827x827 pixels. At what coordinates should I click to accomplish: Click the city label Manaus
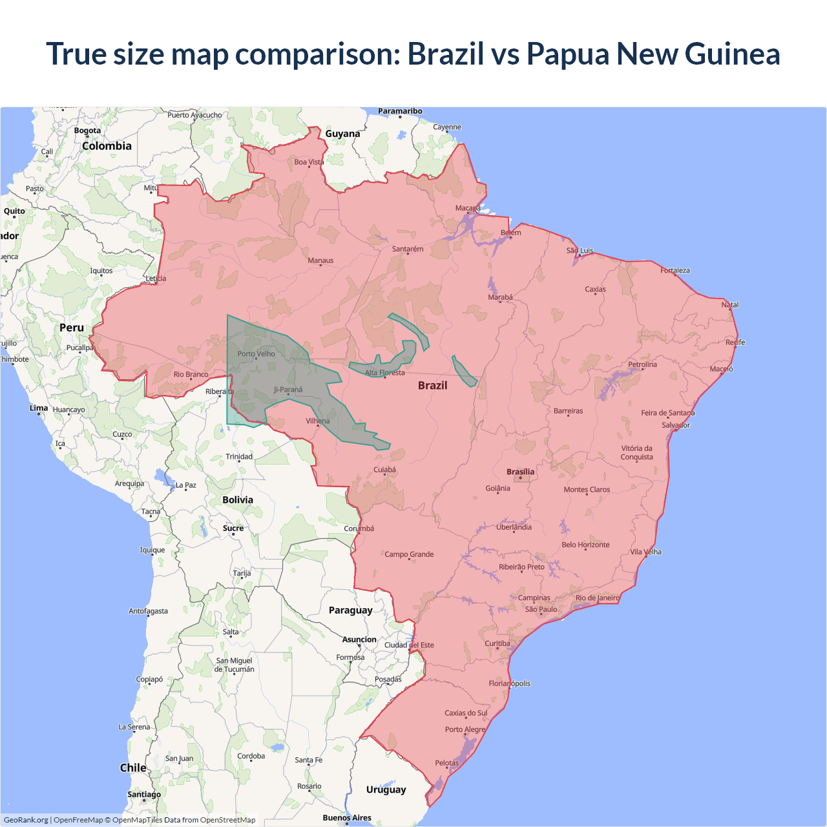pos(320,260)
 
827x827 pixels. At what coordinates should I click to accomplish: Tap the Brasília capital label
pos(520,472)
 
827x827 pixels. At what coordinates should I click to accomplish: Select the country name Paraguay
pos(350,610)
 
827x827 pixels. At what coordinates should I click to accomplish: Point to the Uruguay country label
pos(386,790)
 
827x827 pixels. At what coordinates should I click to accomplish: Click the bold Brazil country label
pos(432,385)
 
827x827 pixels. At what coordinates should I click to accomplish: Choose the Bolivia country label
pos(238,499)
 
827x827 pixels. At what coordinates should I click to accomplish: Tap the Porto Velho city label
pos(256,353)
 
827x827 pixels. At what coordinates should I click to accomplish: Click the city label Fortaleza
pos(675,270)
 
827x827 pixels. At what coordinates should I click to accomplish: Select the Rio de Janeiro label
pos(597,598)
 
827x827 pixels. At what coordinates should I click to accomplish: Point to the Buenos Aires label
pos(347,817)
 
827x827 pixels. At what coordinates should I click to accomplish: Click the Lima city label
pos(39,408)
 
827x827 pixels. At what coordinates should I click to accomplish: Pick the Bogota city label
pos(87,131)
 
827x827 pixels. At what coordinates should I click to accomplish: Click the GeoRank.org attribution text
pos(26,820)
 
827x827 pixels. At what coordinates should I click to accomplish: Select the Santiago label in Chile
pos(144,794)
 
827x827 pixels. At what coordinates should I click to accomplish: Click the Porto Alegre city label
pos(465,729)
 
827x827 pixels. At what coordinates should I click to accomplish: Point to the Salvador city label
pos(676,425)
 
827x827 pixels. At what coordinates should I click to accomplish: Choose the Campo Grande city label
pos(409,554)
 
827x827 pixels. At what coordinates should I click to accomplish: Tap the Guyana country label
pos(342,134)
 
